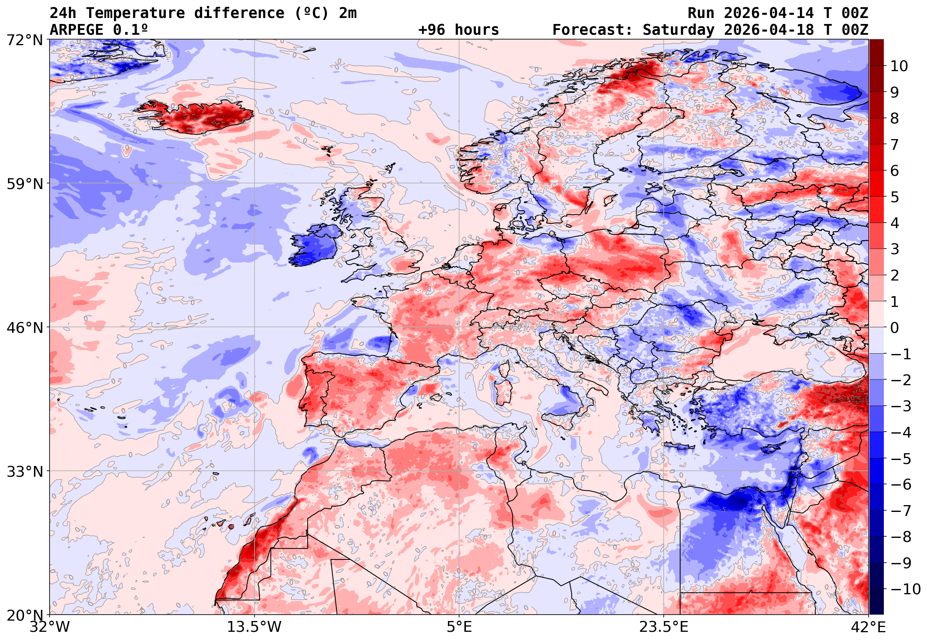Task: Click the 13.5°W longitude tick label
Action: tap(255, 627)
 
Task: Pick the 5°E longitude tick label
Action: tap(459, 627)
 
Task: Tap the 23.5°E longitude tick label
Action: tap(664, 627)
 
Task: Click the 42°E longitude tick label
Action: tap(869, 627)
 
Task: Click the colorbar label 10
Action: tap(899, 66)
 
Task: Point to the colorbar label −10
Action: tap(905, 589)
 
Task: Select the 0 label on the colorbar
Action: tap(895, 328)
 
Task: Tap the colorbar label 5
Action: tap(895, 197)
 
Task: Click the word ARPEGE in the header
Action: tap(77, 30)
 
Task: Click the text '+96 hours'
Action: tap(458, 30)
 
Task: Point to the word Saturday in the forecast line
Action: tap(678, 30)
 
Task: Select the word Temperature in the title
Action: tap(135, 13)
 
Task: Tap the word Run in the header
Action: tap(701, 13)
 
